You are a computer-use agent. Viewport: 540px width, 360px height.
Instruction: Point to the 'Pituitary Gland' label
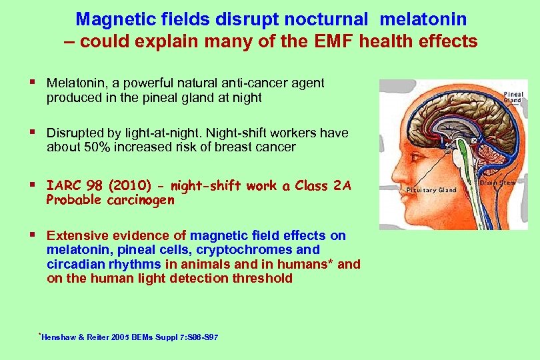point(431,190)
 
